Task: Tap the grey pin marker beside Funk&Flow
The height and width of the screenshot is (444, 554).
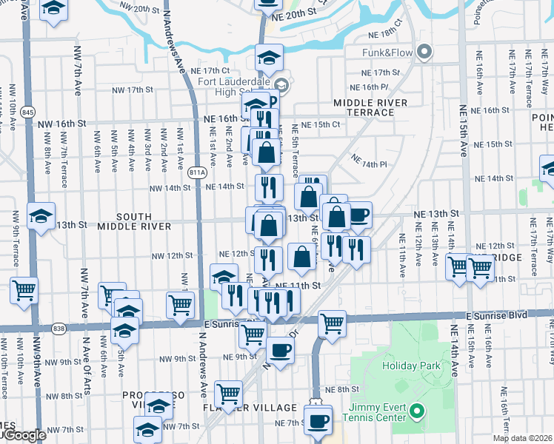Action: pos(424,53)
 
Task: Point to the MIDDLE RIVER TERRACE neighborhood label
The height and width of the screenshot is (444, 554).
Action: pos(370,107)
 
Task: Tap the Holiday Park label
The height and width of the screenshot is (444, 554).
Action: pos(411,366)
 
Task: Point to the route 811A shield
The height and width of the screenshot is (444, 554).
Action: pos(197,172)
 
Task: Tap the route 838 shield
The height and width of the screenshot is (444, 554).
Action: pos(59,328)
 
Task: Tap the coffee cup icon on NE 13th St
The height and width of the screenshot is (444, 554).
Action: pos(359,215)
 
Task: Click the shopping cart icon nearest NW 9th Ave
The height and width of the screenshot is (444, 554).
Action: pos(24,290)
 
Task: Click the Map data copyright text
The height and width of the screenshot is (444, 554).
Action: pos(522,439)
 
